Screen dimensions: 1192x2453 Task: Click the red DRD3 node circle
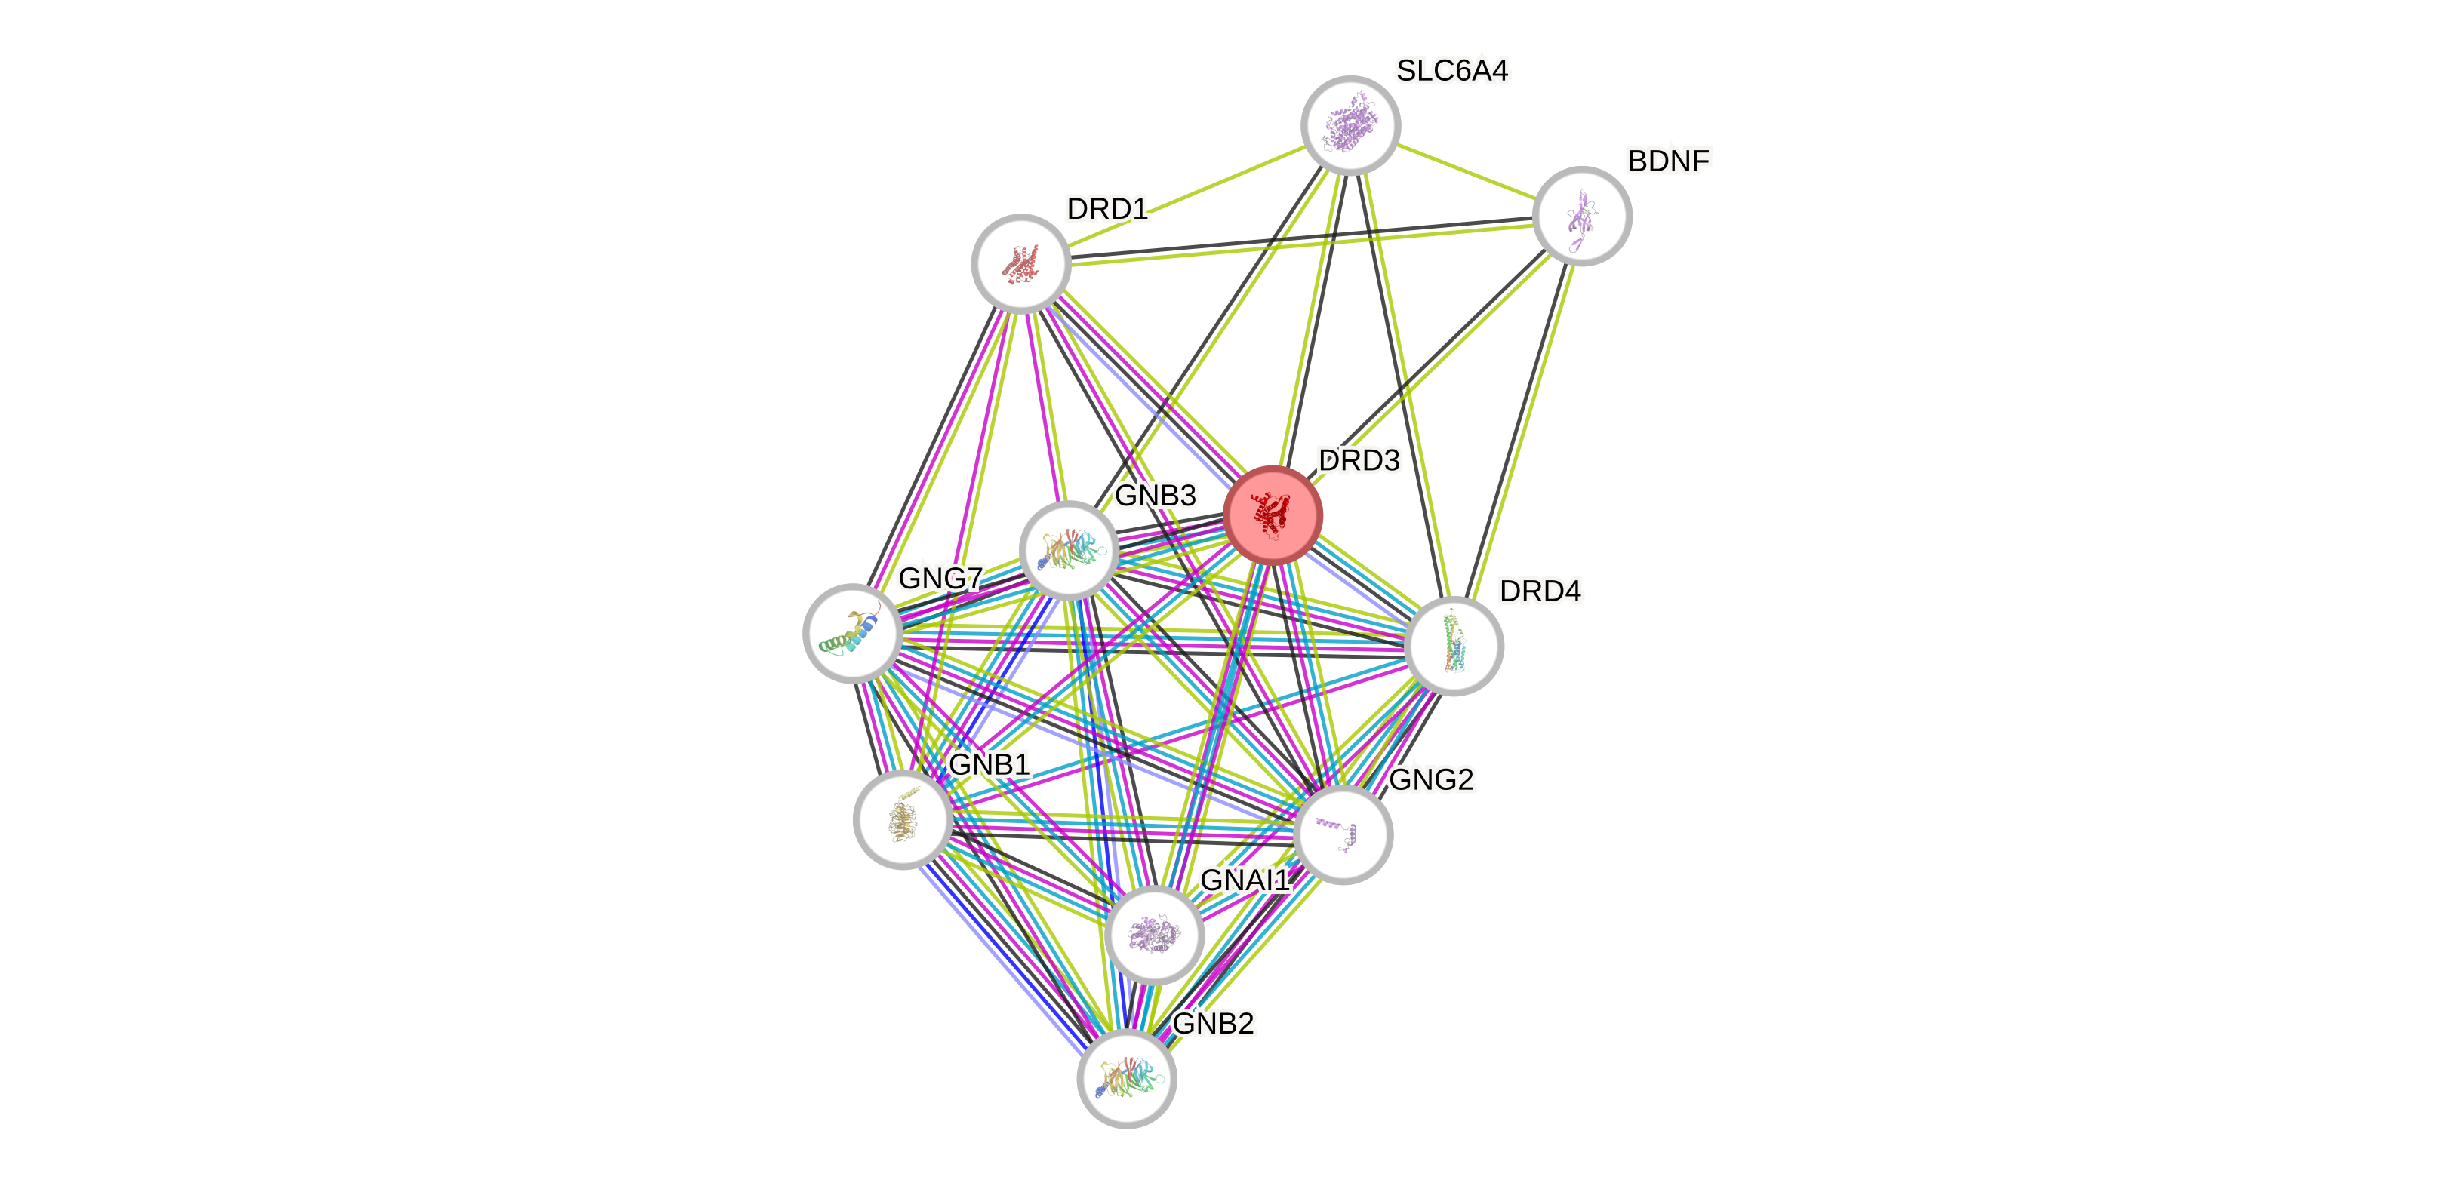1273,515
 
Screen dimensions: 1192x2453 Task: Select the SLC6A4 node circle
1350,124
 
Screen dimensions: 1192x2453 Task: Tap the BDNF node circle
1583,216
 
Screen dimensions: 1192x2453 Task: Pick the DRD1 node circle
1020,263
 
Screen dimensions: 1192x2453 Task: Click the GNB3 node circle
1069,550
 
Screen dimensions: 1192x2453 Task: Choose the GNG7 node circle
853,633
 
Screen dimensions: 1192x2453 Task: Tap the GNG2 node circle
1343,834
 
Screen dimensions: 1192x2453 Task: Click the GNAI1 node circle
1155,934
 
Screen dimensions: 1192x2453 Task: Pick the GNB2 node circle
1127,1078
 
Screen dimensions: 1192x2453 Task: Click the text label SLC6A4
1452,70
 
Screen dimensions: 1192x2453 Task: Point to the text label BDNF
1668,161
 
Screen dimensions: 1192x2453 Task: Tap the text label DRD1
1106,208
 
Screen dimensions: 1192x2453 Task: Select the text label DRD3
1359,461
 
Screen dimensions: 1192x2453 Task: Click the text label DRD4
1540,591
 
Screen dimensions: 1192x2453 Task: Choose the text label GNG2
1431,780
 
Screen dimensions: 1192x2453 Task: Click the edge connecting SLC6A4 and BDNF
1467,171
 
